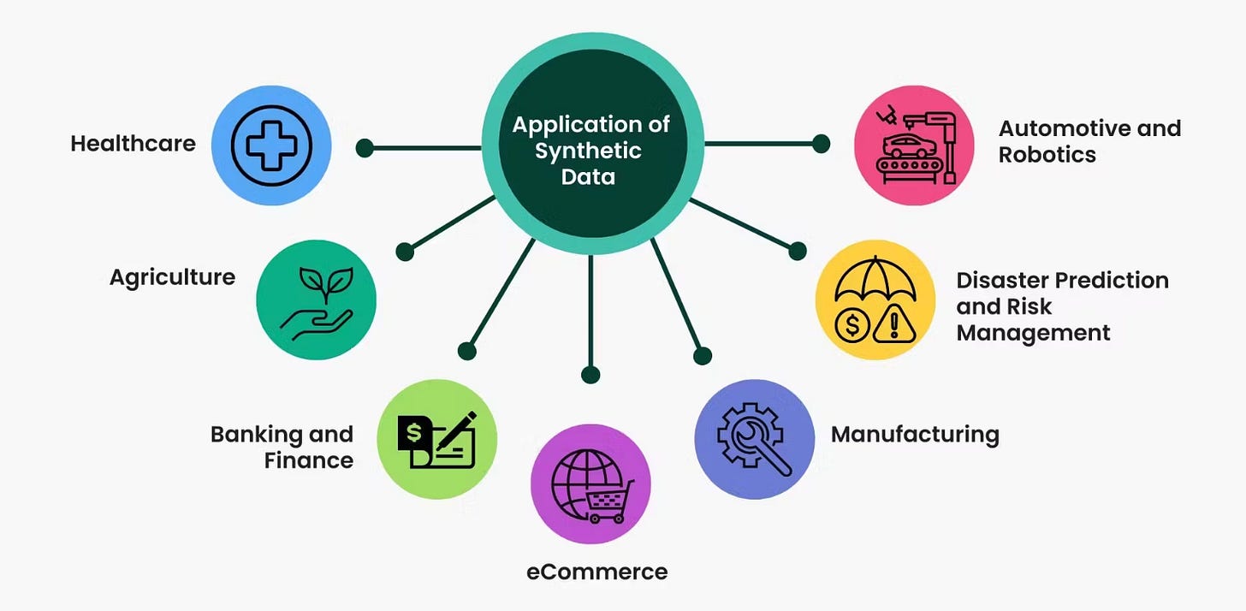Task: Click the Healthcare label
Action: (x=133, y=144)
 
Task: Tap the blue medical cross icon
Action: (x=271, y=145)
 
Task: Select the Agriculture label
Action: (x=172, y=277)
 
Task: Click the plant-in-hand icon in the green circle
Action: (x=316, y=300)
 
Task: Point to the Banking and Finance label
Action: (x=282, y=447)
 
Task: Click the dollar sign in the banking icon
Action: (x=414, y=433)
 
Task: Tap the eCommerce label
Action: (x=596, y=572)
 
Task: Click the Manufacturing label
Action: (x=915, y=434)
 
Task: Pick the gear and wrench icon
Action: (x=754, y=439)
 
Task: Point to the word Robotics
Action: (x=1047, y=155)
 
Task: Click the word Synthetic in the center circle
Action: (x=589, y=151)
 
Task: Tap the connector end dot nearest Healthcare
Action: (x=365, y=147)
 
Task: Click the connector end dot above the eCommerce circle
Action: (x=590, y=374)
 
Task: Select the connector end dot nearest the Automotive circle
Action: (x=821, y=144)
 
